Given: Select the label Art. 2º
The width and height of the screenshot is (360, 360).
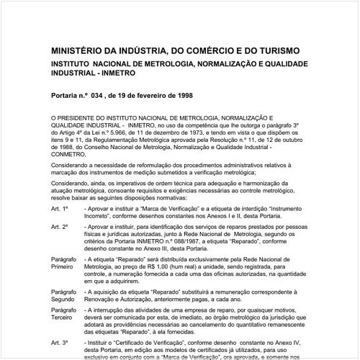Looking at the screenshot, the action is [60, 226].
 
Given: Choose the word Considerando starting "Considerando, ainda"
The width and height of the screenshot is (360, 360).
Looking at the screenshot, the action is [72, 184].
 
